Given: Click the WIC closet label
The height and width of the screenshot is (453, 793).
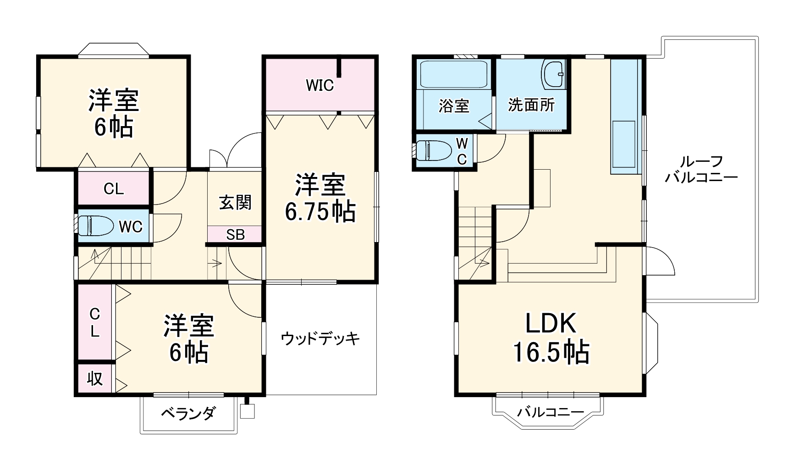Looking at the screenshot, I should click(x=319, y=85).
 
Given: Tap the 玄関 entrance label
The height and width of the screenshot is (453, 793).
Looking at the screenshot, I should click(x=235, y=202).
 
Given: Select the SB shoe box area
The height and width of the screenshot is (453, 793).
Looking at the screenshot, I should click(x=235, y=235).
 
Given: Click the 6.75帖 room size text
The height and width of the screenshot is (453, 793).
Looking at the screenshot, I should click(x=320, y=211).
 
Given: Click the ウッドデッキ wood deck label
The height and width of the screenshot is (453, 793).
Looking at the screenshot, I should click(x=320, y=339).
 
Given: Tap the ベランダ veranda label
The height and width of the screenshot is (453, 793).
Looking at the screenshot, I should click(x=187, y=414).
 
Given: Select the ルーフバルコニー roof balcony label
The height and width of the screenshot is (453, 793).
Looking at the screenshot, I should click(x=701, y=170).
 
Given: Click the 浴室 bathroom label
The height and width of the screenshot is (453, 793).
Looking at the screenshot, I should click(x=454, y=106).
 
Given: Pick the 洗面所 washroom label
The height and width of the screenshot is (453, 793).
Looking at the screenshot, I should click(x=531, y=105).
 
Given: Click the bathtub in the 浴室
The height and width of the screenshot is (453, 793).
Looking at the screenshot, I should click(x=454, y=74).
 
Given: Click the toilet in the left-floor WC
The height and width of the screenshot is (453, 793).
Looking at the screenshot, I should click(x=96, y=226).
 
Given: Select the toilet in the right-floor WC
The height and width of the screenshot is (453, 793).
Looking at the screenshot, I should click(x=434, y=150).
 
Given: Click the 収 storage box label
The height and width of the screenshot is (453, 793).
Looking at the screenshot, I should click(x=95, y=379).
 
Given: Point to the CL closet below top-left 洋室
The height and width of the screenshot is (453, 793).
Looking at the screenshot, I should click(x=114, y=188).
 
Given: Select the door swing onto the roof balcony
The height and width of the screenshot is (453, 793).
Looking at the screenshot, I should click(x=660, y=261).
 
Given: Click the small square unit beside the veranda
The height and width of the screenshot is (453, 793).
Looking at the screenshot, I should click(x=247, y=411).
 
